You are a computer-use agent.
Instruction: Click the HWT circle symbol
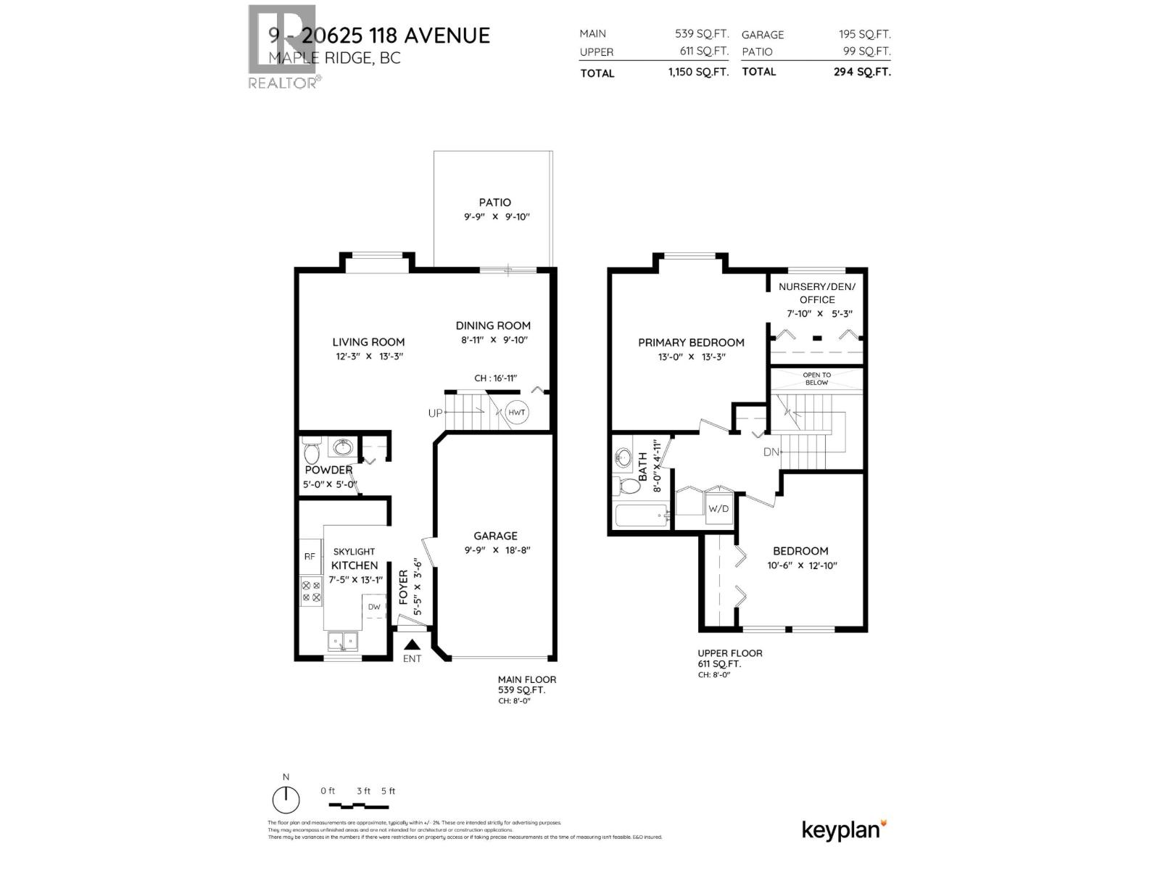(x=516, y=413)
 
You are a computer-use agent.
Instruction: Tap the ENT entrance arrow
(x=412, y=645)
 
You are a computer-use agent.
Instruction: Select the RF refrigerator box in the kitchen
(x=310, y=557)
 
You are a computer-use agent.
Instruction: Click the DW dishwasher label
(x=374, y=607)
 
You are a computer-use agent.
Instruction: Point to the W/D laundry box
(x=718, y=508)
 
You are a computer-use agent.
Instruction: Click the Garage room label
(x=495, y=536)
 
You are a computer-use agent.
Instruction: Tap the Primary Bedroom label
(x=691, y=342)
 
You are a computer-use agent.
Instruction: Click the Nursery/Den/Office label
(x=816, y=293)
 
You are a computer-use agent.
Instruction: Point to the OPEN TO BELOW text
(x=816, y=378)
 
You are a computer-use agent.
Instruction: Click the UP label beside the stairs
(x=435, y=413)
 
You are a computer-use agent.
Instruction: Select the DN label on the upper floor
(x=771, y=452)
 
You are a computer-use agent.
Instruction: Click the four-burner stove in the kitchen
(x=311, y=591)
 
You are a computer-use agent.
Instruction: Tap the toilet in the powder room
(x=312, y=452)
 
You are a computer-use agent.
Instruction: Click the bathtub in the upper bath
(x=642, y=518)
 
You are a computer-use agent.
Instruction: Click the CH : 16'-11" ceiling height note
(x=495, y=378)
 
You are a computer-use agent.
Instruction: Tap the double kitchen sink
(x=342, y=641)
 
